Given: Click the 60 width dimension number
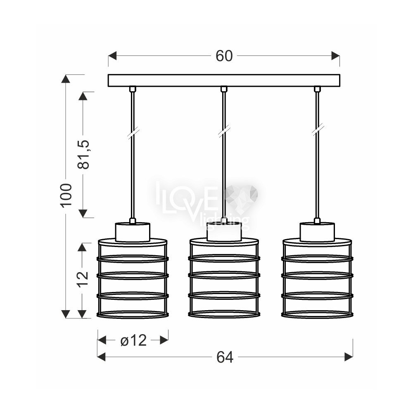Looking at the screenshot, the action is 224,56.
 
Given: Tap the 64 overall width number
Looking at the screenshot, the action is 225,357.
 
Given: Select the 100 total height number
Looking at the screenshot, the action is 66,195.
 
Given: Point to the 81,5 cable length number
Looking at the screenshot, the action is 83,154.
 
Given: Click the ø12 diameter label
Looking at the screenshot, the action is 133,341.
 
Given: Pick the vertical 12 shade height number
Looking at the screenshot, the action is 83,279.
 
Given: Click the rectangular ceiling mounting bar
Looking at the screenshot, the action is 224,81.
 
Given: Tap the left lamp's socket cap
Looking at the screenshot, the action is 133,232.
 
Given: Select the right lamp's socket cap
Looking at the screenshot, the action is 317,232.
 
